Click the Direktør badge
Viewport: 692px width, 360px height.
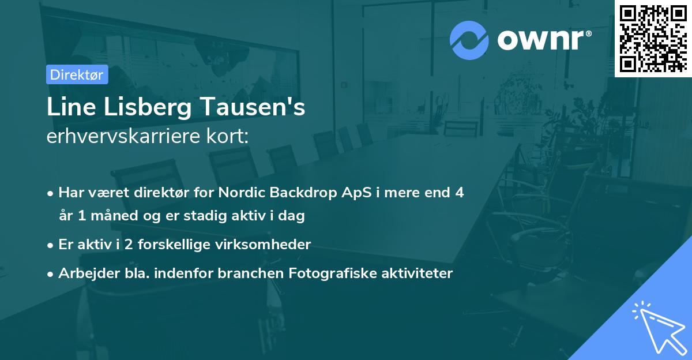tap(77, 74)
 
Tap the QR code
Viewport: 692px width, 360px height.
tap(652, 39)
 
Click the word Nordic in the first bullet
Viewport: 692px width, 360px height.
tap(243, 193)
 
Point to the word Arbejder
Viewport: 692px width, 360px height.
tap(85, 273)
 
